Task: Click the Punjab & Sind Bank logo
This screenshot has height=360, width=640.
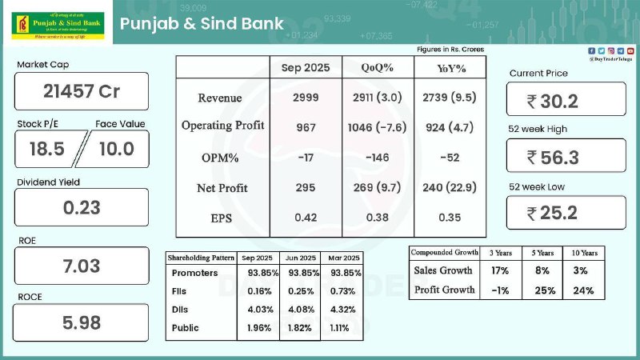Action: click(x=56, y=23)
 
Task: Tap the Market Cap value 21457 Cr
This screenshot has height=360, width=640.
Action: click(x=81, y=91)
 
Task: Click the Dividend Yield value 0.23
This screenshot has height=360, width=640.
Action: click(x=81, y=207)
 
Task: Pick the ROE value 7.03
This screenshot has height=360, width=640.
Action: click(x=81, y=266)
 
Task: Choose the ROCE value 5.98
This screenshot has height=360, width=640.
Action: click(x=81, y=323)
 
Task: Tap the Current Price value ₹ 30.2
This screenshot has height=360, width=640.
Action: click(x=565, y=100)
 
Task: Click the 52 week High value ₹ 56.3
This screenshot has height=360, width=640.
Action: click(x=565, y=157)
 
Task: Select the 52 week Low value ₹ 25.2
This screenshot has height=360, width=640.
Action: click(x=565, y=213)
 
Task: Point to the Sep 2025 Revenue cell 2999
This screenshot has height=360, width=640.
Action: click(x=306, y=98)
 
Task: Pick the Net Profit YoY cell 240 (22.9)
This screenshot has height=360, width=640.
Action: click(x=449, y=188)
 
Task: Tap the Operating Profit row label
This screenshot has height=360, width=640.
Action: click(x=222, y=126)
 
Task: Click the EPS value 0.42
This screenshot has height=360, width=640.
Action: click(x=306, y=217)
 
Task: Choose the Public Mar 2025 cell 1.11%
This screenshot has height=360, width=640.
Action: click(x=342, y=327)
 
